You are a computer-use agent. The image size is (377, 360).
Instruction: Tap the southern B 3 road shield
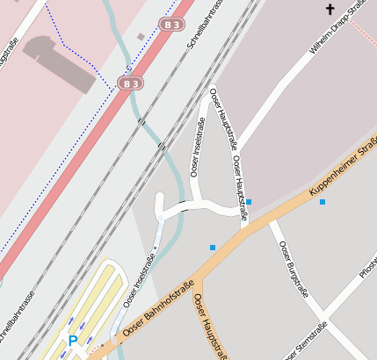coord(129,83)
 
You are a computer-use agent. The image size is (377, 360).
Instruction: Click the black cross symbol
coord(330,10)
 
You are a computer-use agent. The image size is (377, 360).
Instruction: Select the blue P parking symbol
coord(73,340)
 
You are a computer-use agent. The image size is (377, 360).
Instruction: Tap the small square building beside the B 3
coord(141,37)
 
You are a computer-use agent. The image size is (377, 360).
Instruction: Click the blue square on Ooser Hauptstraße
coord(249,203)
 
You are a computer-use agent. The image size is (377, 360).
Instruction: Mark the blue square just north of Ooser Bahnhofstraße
coord(213,248)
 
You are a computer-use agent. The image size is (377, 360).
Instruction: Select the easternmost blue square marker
coord(323,203)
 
